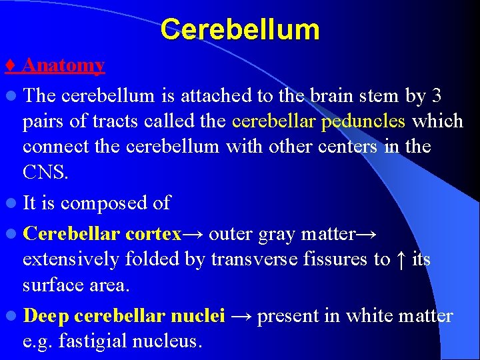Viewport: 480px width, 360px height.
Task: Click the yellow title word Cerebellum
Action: click(240, 29)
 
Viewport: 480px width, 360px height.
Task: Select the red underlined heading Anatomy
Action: click(63, 65)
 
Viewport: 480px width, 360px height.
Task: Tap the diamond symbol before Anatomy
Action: click(10, 65)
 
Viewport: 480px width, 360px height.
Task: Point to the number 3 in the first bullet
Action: click(437, 96)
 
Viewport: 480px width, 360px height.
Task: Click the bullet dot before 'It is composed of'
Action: click(11, 203)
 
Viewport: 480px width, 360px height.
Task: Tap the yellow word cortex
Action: click(153, 234)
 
